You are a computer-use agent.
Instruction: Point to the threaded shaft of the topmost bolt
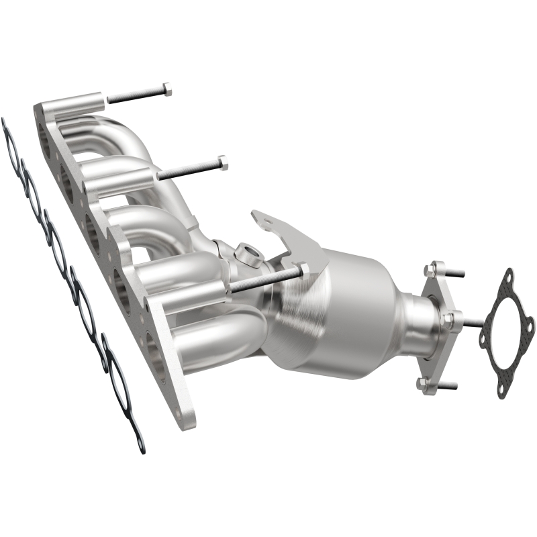tap(134, 95)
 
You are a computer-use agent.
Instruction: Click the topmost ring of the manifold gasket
tap(11, 143)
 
